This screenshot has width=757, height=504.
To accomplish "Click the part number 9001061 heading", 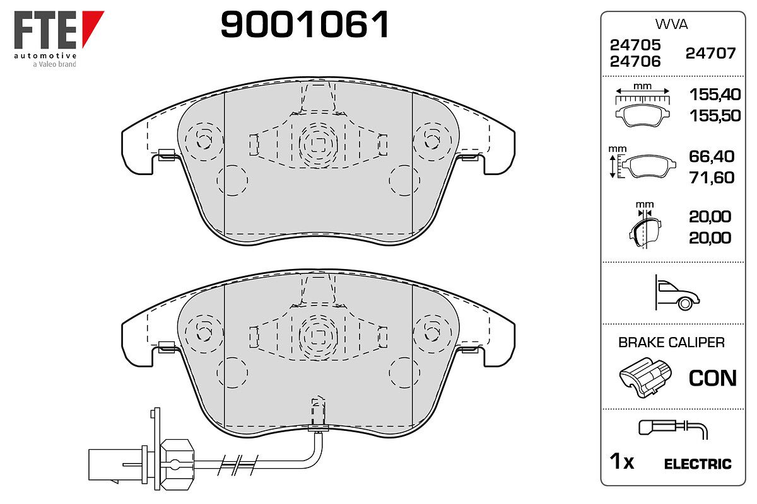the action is [305, 25].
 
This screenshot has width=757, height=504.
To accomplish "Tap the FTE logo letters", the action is [45, 30].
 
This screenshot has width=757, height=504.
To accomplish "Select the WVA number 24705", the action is [635, 45].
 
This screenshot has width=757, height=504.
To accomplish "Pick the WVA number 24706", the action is [635, 62].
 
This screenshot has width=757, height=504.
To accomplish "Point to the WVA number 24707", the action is [711, 54].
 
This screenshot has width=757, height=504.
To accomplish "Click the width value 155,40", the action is [715, 94].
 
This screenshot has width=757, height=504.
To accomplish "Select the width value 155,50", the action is [715, 115].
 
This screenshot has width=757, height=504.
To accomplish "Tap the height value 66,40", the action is [712, 156].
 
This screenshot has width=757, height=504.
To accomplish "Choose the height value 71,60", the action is [712, 178].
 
